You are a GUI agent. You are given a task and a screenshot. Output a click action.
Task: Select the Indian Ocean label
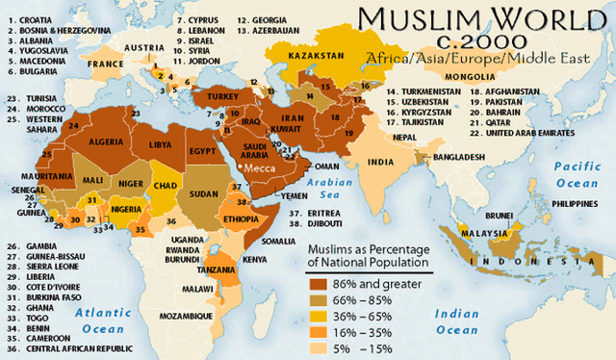click(x=456, y=321)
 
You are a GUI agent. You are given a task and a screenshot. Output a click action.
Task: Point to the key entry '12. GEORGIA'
click(x=264, y=19)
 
